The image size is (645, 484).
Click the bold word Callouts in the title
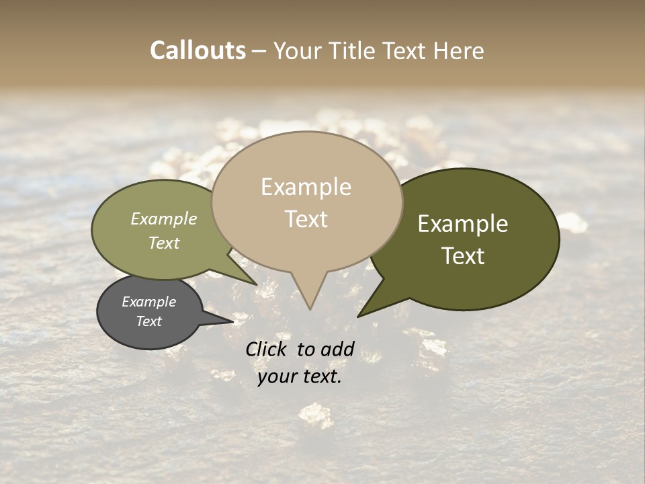[198, 51]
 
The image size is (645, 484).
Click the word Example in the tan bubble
[306, 187]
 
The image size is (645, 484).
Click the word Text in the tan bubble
[306, 219]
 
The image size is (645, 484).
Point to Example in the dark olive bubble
[463, 224]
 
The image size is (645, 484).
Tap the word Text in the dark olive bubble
[464, 256]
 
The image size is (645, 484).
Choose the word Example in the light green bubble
[164, 219]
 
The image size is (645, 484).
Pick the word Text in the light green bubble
[164, 243]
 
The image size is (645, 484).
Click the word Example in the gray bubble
[148, 302]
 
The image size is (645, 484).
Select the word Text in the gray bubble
[149, 321]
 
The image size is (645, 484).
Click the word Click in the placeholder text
[267, 349]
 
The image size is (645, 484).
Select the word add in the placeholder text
[339, 349]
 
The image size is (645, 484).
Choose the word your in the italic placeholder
[277, 376]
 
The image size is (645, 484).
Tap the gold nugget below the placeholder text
[316, 415]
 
